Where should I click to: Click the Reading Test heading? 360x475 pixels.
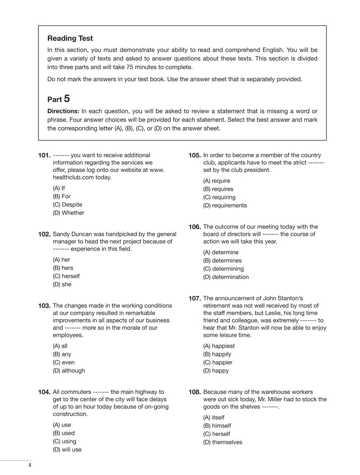click(70, 38)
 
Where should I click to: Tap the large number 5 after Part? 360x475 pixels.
click(66, 98)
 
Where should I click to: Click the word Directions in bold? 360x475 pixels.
click(63, 111)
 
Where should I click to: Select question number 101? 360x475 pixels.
click(44, 156)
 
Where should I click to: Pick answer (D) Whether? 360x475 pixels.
click(68, 213)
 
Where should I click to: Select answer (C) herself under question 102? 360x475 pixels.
click(66, 276)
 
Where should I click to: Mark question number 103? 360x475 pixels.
click(44, 306)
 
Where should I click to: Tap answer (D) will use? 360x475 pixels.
click(67, 450)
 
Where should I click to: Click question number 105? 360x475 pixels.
click(194, 156)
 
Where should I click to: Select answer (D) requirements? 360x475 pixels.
click(225, 206)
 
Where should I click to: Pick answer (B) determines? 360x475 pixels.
click(221, 261)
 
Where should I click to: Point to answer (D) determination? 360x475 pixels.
click(226, 277)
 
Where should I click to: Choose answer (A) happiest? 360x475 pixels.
click(219, 346)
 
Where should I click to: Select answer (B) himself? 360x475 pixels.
click(217, 426)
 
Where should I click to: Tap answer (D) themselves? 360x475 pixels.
click(223, 442)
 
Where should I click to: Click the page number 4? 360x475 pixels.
click(30, 465)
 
